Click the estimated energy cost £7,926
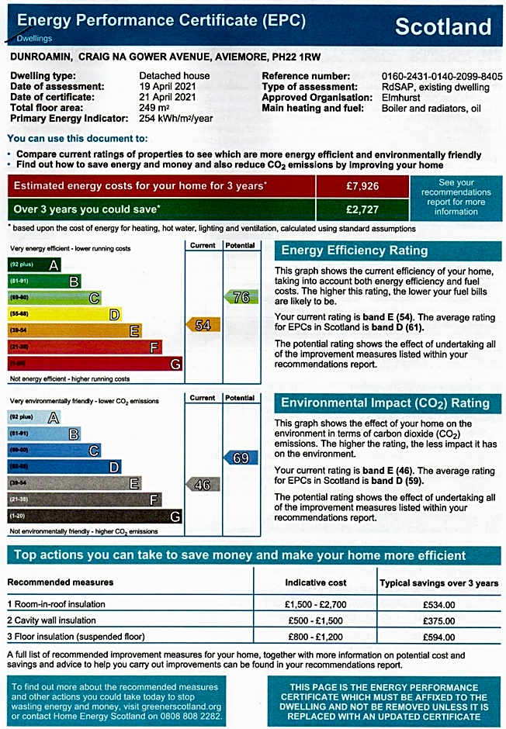362,187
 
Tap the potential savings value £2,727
362,209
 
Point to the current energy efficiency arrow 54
203,325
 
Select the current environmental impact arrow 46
203,485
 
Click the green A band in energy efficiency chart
35,264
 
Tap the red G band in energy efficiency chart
95,364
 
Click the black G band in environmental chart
95,516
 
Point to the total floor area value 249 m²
155,109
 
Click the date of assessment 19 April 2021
166,87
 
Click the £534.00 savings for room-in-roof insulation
438,605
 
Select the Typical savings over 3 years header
438,583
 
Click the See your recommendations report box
456,197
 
